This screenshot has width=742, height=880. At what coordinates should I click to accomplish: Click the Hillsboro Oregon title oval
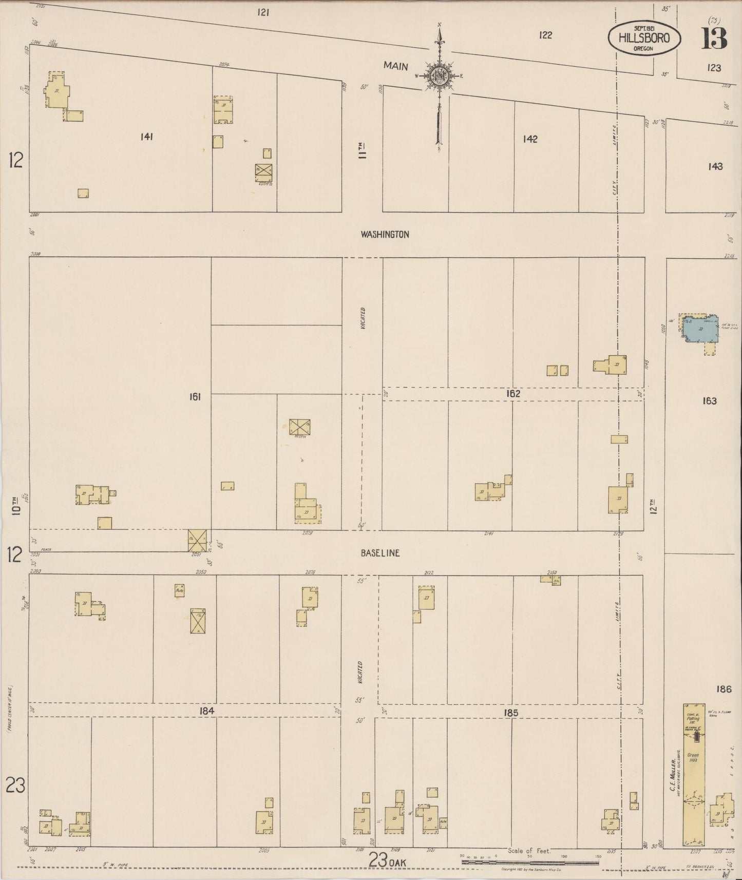[645, 37]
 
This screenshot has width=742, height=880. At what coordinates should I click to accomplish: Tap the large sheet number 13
[715, 39]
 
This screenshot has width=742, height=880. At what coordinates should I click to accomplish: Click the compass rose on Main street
[440, 76]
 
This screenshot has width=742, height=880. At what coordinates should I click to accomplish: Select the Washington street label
[385, 235]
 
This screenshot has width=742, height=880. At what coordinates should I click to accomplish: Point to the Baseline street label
[379, 553]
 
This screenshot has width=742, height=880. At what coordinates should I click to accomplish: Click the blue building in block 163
[699, 329]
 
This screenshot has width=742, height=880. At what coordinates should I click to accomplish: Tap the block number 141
[146, 137]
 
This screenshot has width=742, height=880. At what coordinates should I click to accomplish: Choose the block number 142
[530, 139]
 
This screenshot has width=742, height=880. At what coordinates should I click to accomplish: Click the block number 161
[195, 396]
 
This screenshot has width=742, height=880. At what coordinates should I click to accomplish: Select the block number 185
[511, 713]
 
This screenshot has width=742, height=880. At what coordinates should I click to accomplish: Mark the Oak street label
[396, 863]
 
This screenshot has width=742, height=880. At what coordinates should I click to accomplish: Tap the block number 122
[545, 35]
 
